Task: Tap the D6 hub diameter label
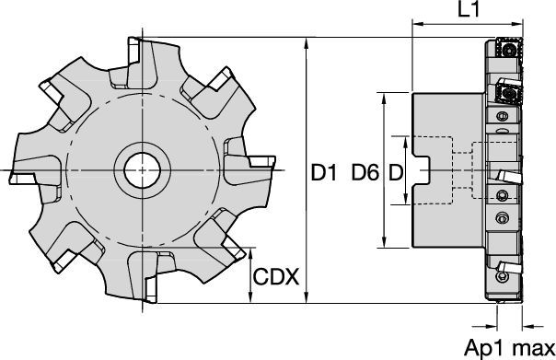(365, 171)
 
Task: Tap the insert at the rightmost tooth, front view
(261, 163)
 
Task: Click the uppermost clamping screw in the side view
(502, 117)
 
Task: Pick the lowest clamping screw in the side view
(502, 217)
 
